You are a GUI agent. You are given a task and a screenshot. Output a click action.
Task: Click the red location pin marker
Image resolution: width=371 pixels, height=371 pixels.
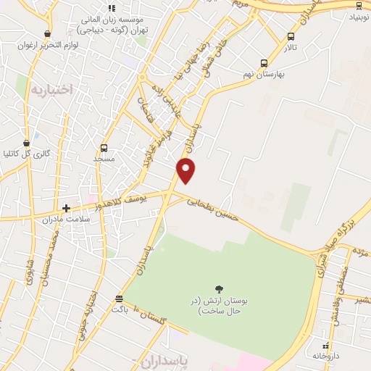point(186,170)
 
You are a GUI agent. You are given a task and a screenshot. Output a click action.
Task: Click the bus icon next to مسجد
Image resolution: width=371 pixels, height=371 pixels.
point(104,148)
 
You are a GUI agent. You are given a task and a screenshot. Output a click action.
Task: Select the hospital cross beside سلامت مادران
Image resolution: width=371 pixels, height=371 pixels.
point(66,208)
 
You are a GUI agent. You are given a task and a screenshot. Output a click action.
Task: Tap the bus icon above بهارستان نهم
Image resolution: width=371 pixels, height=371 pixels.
point(263,63)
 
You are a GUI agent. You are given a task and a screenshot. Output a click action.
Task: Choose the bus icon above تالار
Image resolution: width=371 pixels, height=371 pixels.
point(291,37)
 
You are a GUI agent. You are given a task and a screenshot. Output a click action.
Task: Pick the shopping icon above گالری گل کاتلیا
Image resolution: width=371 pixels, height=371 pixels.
point(27,142)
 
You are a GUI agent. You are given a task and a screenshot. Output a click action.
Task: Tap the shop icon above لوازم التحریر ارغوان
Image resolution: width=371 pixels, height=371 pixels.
point(48,33)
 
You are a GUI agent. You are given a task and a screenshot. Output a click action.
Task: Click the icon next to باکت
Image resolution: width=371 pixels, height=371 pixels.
point(119,299)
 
